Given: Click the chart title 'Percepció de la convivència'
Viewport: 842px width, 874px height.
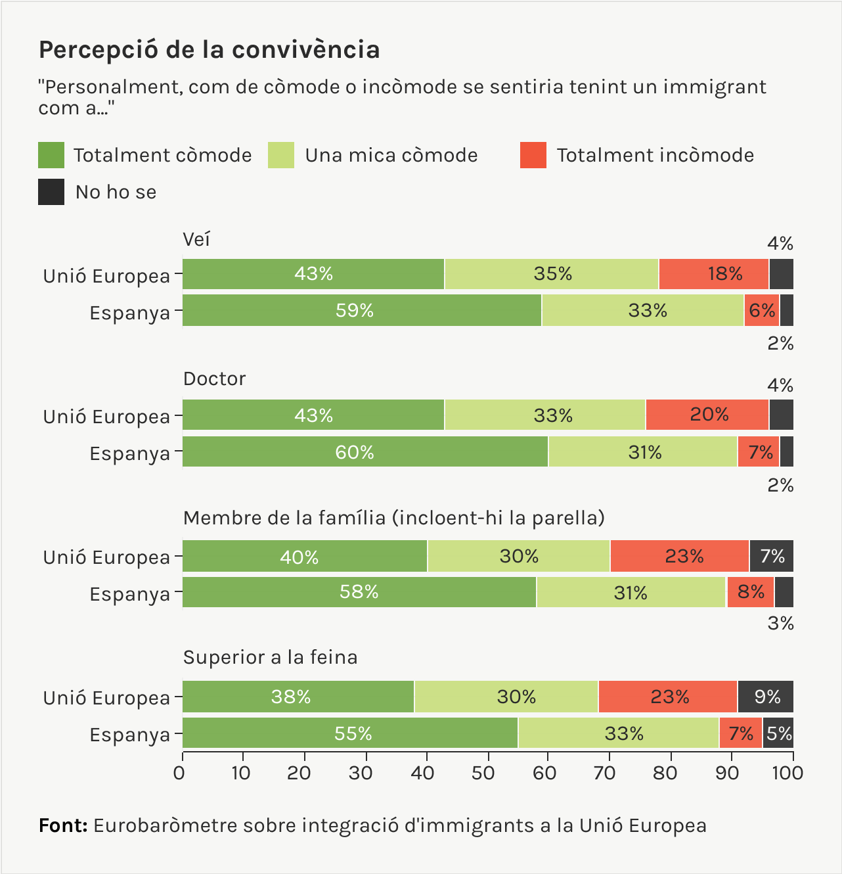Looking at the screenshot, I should [209, 50].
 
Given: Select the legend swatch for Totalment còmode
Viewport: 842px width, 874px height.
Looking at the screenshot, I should [51, 155].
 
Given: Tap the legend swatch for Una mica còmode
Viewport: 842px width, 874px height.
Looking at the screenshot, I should [281, 155].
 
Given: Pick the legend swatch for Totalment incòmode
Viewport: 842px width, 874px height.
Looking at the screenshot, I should [533, 155].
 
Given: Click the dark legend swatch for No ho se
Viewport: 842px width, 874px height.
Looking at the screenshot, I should [51, 192].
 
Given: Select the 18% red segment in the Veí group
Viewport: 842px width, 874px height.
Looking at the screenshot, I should [714, 274].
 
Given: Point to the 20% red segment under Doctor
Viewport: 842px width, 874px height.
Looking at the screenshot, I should [707, 415].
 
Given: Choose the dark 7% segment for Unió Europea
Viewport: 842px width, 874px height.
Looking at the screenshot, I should [771, 557].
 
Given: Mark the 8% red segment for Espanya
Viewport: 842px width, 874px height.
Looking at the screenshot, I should [750, 592].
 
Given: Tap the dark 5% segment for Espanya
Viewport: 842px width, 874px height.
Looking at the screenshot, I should [778, 733].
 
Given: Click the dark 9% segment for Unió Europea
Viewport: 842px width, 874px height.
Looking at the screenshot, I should [765, 697].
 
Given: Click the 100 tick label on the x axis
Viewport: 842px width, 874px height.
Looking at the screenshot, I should [788, 773].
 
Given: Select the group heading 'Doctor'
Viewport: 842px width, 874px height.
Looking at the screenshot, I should [214, 379].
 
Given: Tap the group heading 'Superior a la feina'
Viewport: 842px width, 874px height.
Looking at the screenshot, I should [270, 657].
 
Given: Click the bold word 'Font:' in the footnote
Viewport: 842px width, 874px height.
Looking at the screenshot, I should [63, 825].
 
